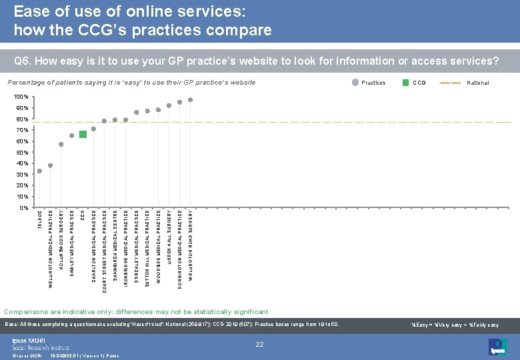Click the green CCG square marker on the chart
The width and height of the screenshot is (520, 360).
tap(83, 134)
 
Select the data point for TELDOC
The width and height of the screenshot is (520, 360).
tap(40, 171)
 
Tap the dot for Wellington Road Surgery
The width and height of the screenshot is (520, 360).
tap(190, 100)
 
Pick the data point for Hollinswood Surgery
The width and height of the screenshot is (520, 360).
tap(61, 144)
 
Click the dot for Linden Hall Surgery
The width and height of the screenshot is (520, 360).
tap(169, 105)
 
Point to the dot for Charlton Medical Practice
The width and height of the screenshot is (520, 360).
tap(93, 129)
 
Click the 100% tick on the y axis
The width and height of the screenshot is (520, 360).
tap(22, 97)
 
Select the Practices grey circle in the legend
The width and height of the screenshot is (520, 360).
tap(355, 83)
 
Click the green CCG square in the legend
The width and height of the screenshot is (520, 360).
tap(407, 83)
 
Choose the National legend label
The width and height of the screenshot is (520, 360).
tap(477, 83)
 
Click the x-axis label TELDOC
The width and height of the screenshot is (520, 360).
tap(40, 221)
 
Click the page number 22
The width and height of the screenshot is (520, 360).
tap(261, 343)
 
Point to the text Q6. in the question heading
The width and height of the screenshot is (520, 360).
tap(23, 61)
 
